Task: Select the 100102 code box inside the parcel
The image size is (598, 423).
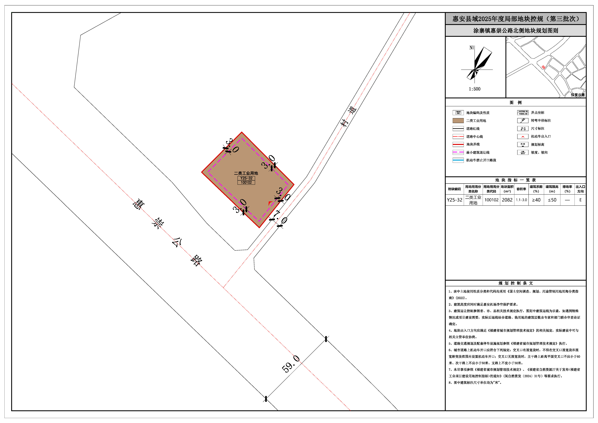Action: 246,182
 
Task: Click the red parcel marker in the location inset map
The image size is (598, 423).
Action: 543,67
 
